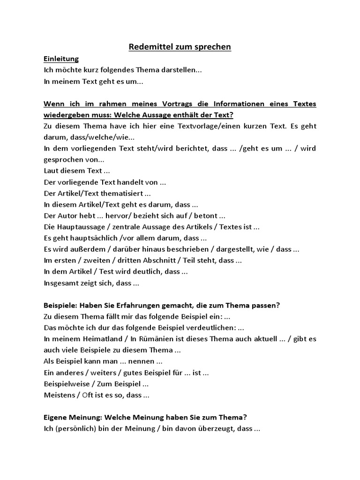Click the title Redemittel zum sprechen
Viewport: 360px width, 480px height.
coord(180,47)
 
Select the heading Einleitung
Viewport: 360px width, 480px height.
coord(61,59)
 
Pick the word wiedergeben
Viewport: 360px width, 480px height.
coord(67,115)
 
